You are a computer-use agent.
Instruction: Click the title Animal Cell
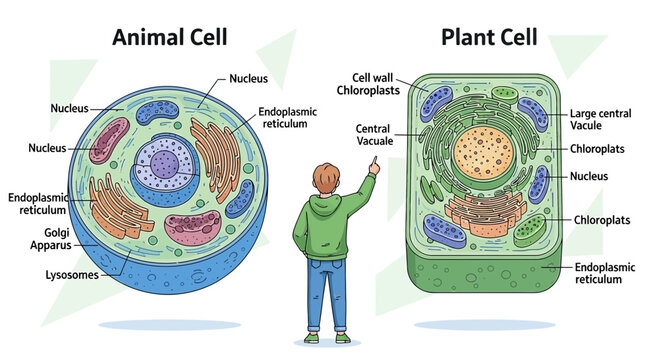coord(169,38)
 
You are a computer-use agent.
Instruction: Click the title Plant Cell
coord(489,38)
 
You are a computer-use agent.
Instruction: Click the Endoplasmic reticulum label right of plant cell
coord(604,274)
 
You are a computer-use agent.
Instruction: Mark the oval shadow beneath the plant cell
coord(486,325)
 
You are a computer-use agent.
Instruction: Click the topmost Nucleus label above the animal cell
coord(248,78)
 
